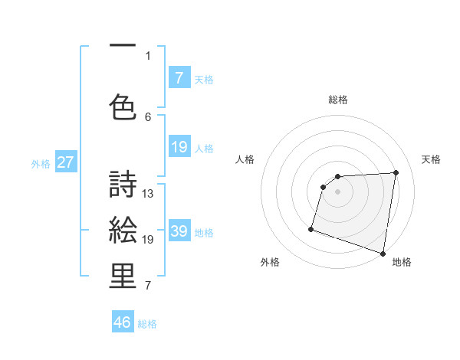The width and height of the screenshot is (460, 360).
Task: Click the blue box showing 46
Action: [x=123, y=322]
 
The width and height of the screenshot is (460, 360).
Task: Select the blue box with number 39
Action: [x=179, y=231]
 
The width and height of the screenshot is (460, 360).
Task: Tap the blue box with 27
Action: [x=66, y=162]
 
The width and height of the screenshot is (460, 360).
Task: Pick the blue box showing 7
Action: [x=179, y=77]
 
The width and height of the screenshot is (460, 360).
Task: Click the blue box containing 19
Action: [x=179, y=147]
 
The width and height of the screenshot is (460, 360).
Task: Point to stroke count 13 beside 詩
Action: [x=149, y=194]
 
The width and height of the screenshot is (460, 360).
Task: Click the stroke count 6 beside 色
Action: [x=149, y=116]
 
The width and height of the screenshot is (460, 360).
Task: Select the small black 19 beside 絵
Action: [x=149, y=240]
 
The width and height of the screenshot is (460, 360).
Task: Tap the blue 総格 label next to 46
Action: [x=148, y=324]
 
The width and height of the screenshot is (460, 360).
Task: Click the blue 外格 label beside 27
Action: [x=41, y=163]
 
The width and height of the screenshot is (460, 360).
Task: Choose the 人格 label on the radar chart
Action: [x=245, y=159]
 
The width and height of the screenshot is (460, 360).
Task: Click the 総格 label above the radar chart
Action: [x=338, y=100]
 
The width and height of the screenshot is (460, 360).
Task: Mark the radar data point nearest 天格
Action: [x=396, y=172]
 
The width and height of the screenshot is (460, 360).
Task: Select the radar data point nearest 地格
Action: [x=383, y=253]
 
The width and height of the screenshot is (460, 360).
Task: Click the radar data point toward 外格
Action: [x=311, y=228]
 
